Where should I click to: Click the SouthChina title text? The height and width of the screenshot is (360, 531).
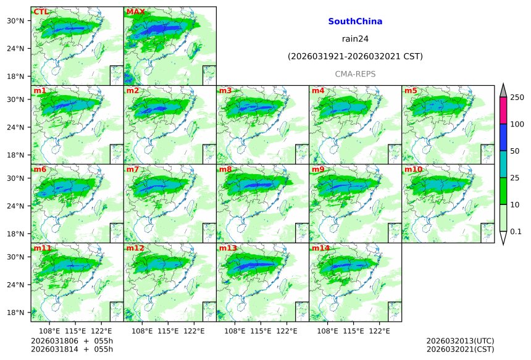[x=355, y=22]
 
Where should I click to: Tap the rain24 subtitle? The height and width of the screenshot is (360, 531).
[x=355, y=39]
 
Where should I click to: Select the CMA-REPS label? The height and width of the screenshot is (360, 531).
[x=355, y=74]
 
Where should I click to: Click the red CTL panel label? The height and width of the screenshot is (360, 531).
[x=41, y=12]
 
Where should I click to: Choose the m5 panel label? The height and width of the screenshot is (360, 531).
[x=411, y=91]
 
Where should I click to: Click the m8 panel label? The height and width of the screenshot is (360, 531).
[x=225, y=169]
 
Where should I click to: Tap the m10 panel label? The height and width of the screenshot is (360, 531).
[x=414, y=169]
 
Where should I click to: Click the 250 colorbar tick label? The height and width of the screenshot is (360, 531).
[x=517, y=98]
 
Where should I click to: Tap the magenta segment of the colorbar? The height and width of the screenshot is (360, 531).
[x=503, y=111]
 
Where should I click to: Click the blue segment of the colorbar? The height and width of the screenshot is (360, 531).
[x=503, y=137]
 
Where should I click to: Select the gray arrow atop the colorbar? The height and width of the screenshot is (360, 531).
[x=503, y=90]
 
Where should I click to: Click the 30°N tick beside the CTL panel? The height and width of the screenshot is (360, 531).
[x=21, y=20]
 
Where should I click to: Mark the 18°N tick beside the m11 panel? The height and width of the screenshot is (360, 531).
[x=21, y=312]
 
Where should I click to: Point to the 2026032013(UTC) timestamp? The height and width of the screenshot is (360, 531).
[x=460, y=341]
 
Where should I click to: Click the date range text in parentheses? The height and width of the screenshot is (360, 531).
[x=355, y=57]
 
